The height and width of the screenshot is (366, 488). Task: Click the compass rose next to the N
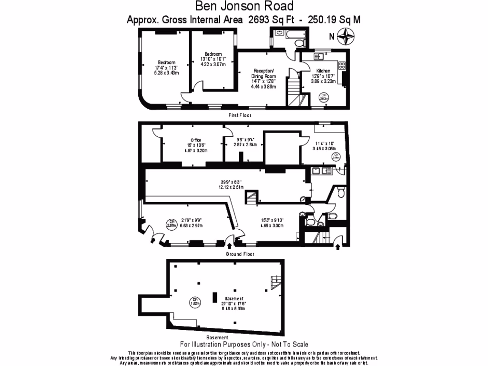345,36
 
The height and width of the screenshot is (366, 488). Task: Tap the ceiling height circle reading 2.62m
324,97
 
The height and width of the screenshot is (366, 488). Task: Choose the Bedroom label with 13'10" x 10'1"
213,54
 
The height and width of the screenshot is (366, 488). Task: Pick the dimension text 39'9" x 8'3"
231,182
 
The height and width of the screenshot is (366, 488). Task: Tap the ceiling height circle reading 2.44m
335,156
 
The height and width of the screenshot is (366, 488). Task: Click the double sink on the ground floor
319,171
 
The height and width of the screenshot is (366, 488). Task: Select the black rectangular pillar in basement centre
215,298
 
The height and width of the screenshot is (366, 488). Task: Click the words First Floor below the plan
240,115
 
